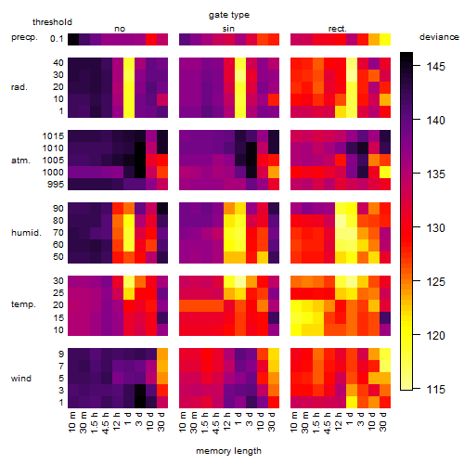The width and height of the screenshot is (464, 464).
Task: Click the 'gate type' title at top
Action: tap(229, 15)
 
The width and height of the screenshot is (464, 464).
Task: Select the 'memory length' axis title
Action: tap(228, 451)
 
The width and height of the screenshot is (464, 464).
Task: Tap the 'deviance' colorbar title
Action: tap(439, 37)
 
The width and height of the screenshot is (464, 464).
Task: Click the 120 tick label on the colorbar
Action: tap(435, 336)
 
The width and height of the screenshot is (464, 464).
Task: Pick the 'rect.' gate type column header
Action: tap(338, 29)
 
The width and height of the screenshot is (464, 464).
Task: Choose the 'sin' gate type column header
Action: tap(228, 29)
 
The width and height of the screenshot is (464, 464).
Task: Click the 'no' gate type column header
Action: tap(120, 29)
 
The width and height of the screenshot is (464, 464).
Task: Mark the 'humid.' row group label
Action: tap(26, 233)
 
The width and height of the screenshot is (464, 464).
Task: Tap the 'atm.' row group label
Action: tap(20, 161)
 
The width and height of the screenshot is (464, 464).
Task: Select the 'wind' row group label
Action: tap(21, 379)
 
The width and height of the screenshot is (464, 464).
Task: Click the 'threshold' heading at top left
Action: tap(52, 22)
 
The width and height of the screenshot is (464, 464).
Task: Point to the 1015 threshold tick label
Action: tap(53, 136)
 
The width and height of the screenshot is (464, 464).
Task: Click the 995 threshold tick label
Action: tap(56, 185)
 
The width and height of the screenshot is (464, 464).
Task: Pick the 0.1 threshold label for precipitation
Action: tap(57, 39)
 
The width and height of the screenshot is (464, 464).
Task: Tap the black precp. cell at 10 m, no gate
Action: tap(73, 40)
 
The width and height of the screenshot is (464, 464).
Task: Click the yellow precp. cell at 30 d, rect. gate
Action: tap(385, 40)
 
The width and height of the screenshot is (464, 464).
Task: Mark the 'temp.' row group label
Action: tap(23, 304)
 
